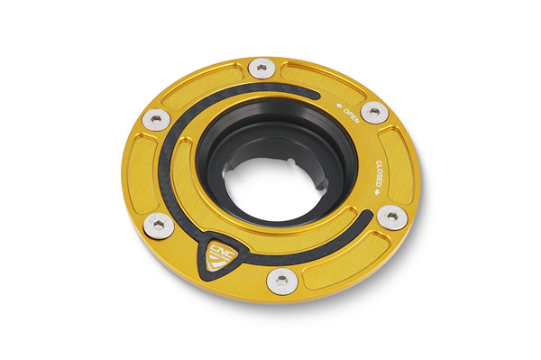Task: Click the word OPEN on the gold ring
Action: click(352, 115)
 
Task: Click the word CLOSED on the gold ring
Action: click(379, 173)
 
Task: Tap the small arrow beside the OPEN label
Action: click(339, 105)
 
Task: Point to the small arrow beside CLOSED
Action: click(377, 192)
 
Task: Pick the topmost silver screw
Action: click(261, 68)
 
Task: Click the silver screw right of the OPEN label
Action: click(374, 112)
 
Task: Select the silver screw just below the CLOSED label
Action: click(392, 217)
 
